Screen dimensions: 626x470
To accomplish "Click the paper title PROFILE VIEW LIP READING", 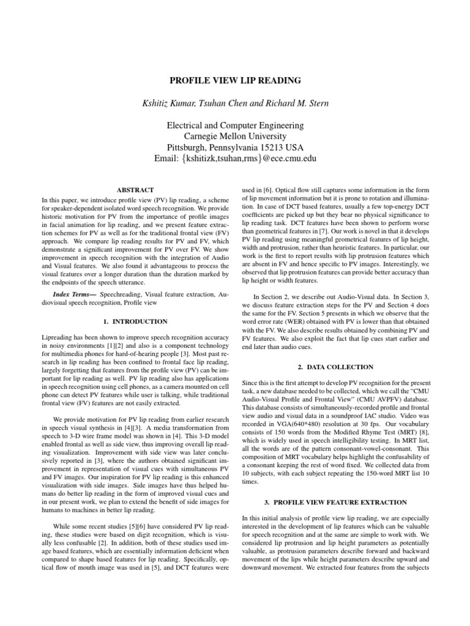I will (x=235, y=79).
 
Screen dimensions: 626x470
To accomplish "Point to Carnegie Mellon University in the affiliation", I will (x=235, y=137).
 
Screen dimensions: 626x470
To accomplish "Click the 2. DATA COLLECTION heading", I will (x=334, y=367).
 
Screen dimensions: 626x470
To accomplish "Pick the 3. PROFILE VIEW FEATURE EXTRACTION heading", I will (x=334, y=502).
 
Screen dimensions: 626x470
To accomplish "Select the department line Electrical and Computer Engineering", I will (x=235, y=126).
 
